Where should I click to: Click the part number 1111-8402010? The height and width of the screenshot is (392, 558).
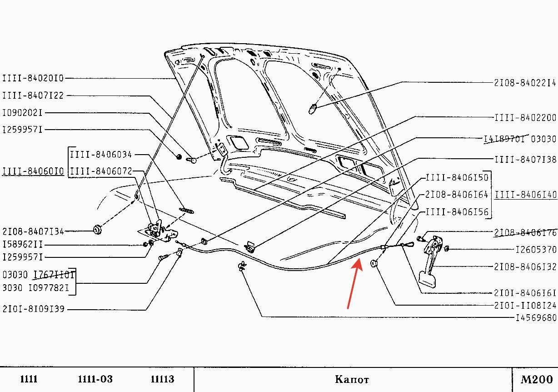pyautogui.click(x=33, y=78)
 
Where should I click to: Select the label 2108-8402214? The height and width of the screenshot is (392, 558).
pyautogui.click(x=525, y=83)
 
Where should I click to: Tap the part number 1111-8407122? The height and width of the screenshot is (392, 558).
pyautogui.click(x=33, y=95)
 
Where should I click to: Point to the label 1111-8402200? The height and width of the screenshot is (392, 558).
pyautogui.click(x=525, y=117)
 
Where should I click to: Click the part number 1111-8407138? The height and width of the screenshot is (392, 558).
pyautogui.click(x=525, y=159)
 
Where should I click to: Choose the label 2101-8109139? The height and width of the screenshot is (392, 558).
pyautogui.click(x=34, y=309)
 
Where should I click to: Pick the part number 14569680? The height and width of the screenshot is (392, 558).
pyautogui.click(x=536, y=318)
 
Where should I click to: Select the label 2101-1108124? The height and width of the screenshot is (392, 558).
pyautogui.click(x=525, y=305)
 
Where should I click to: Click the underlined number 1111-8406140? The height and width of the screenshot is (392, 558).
pyautogui.click(x=526, y=195)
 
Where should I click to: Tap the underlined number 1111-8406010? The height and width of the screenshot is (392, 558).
pyautogui.click(x=33, y=171)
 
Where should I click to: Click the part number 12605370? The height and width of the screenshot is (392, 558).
pyautogui.click(x=536, y=249)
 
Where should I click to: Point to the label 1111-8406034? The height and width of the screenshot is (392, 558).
pyautogui.click(x=100, y=155)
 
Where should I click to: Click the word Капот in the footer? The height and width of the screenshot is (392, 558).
pyautogui.click(x=352, y=379)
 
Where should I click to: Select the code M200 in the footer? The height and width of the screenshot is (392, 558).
pyautogui.click(x=536, y=379)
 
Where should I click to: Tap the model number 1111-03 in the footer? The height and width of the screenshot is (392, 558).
pyautogui.click(x=95, y=379)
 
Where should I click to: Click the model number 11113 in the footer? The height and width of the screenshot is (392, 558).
pyautogui.click(x=162, y=379)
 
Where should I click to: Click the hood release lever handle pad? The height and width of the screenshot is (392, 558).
pyautogui.click(x=428, y=279)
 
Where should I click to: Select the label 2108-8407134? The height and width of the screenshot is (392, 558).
pyautogui.click(x=33, y=231)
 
